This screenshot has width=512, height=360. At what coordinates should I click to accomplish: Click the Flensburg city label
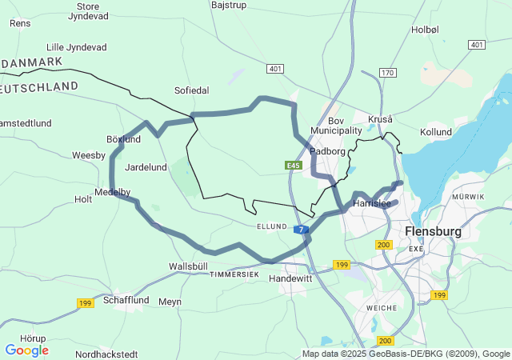click(x=434, y=232)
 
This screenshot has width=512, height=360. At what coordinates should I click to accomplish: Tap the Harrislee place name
click(x=371, y=204)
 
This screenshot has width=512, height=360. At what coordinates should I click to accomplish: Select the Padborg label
click(x=327, y=150)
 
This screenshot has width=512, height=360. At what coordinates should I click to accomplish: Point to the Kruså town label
click(x=380, y=119)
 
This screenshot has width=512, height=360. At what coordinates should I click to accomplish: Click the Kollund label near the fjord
click(x=436, y=131)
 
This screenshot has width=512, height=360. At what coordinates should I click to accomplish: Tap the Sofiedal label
click(x=191, y=90)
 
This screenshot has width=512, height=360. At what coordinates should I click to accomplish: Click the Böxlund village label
click(x=123, y=139)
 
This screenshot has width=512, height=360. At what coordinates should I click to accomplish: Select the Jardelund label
click(x=146, y=167)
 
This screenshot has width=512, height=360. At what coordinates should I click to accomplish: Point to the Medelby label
click(x=112, y=192)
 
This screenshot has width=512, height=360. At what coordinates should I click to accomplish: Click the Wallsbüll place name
click(x=188, y=266)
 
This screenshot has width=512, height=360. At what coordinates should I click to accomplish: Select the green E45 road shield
click(x=292, y=166)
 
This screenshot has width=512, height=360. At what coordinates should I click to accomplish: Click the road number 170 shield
click(x=388, y=73)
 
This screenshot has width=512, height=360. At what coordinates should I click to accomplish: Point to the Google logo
click(x=26, y=350)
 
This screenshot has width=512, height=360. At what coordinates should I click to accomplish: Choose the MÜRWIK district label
click(x=468, y=196)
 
